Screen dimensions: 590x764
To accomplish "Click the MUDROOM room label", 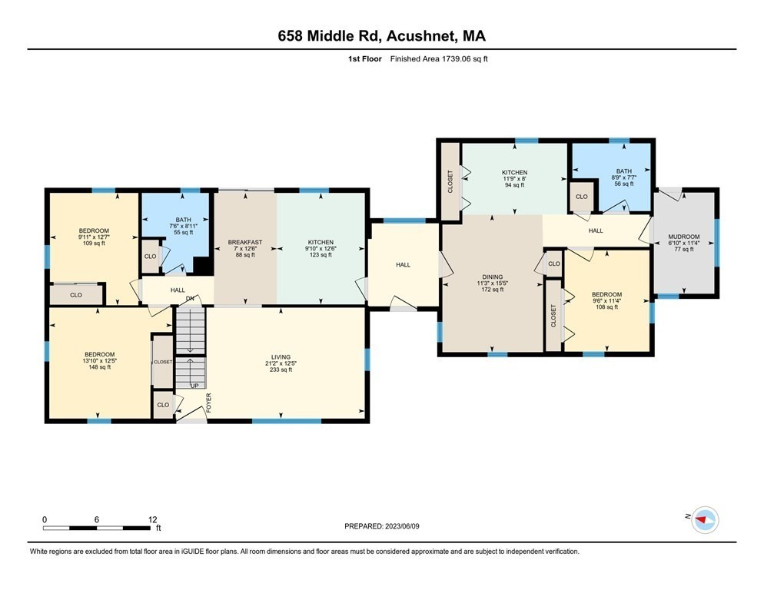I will [684, 237].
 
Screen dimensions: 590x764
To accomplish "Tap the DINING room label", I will [492, 277].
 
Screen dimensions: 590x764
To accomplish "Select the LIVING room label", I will [281, 357].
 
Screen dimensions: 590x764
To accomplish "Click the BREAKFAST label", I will [245, 243].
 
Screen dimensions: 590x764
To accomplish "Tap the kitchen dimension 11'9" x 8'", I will [514, 178].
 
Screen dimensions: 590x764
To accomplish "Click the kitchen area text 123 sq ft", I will [320, 255].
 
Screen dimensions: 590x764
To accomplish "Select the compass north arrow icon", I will [703, 520].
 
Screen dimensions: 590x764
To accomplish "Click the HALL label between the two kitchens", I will [403, 265].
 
